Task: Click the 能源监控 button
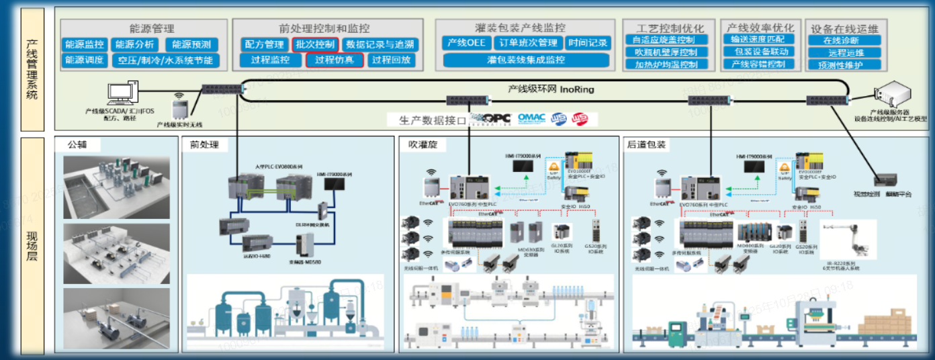point(84,45)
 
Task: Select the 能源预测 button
point(191,45)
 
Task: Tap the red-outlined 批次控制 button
point(315,45)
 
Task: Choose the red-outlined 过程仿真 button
point(335,60)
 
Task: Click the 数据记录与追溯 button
point(380,45)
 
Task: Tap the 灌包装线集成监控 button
point(526,60)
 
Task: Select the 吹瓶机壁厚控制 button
point(666,52)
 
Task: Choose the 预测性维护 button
point(844,65)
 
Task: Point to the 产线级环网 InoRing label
point(550,89)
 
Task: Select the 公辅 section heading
point(79,144)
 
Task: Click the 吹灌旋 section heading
point(422,144)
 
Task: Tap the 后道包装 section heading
point(646,144)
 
